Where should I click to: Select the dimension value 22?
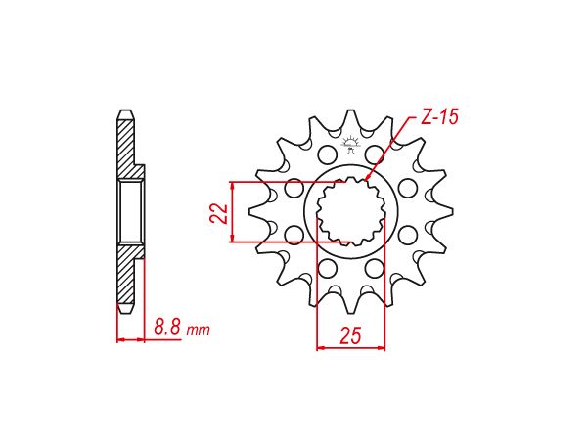[x=220, y=212]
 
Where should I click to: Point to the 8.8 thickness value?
[x=167, y=329]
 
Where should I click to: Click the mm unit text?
[x=198, y=330]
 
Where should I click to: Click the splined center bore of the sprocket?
[x=350, y=212]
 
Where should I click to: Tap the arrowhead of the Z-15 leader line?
[x=368, y=182]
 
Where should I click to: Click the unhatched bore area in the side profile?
[x=128, y=212]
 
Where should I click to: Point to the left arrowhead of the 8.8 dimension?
[x=120, y=340]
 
